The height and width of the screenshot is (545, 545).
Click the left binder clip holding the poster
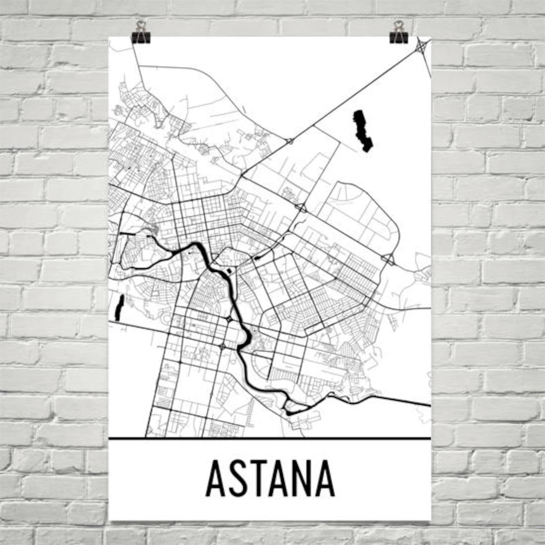[140, 35]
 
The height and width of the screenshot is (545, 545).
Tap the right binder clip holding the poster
[398, 35]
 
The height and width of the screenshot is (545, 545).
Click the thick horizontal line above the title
[269, 438]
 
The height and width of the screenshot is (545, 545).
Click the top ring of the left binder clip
[140, 25]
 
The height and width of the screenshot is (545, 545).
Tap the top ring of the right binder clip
[398, 25]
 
